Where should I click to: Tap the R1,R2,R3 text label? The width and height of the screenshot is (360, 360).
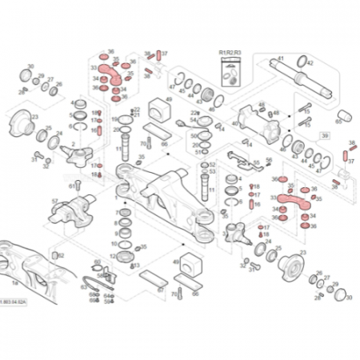[x=229, y=52]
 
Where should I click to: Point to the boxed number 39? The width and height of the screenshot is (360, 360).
[x=325, y=137]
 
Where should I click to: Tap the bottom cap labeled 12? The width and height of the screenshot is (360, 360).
[x=125, y=257]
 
